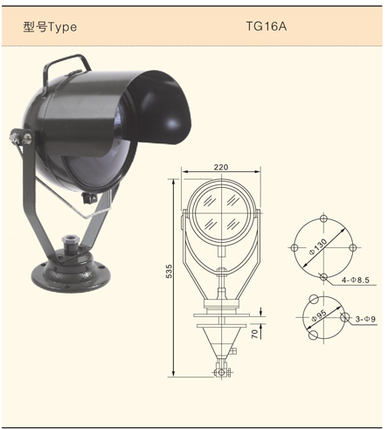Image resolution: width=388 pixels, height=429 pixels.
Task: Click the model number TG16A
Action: click(x=267, y=26)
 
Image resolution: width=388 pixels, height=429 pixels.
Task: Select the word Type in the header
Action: click(x=62, y=27)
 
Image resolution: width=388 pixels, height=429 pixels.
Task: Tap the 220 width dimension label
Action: click(x=221, y=167)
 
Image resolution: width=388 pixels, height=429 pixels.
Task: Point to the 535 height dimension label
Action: click(x=169, y=271)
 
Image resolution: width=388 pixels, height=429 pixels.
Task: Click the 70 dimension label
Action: click(x=255, y=334)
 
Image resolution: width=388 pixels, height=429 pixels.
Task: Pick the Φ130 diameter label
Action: click(x=318, y=247)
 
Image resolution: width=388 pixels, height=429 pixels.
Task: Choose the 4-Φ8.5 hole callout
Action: click(x=356, y=280)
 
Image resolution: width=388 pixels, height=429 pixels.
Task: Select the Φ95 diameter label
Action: click(x=319, y=316)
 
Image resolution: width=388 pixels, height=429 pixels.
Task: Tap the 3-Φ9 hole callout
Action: click(x=365, y=319)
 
